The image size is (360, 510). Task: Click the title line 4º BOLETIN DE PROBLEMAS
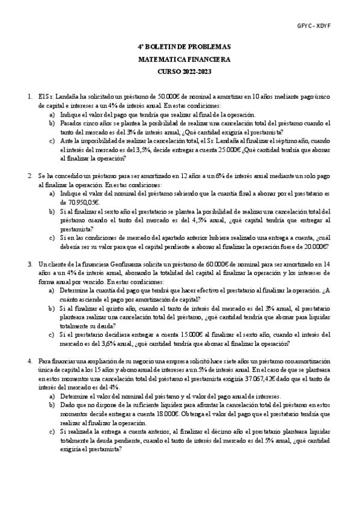[x=180, y=46]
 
